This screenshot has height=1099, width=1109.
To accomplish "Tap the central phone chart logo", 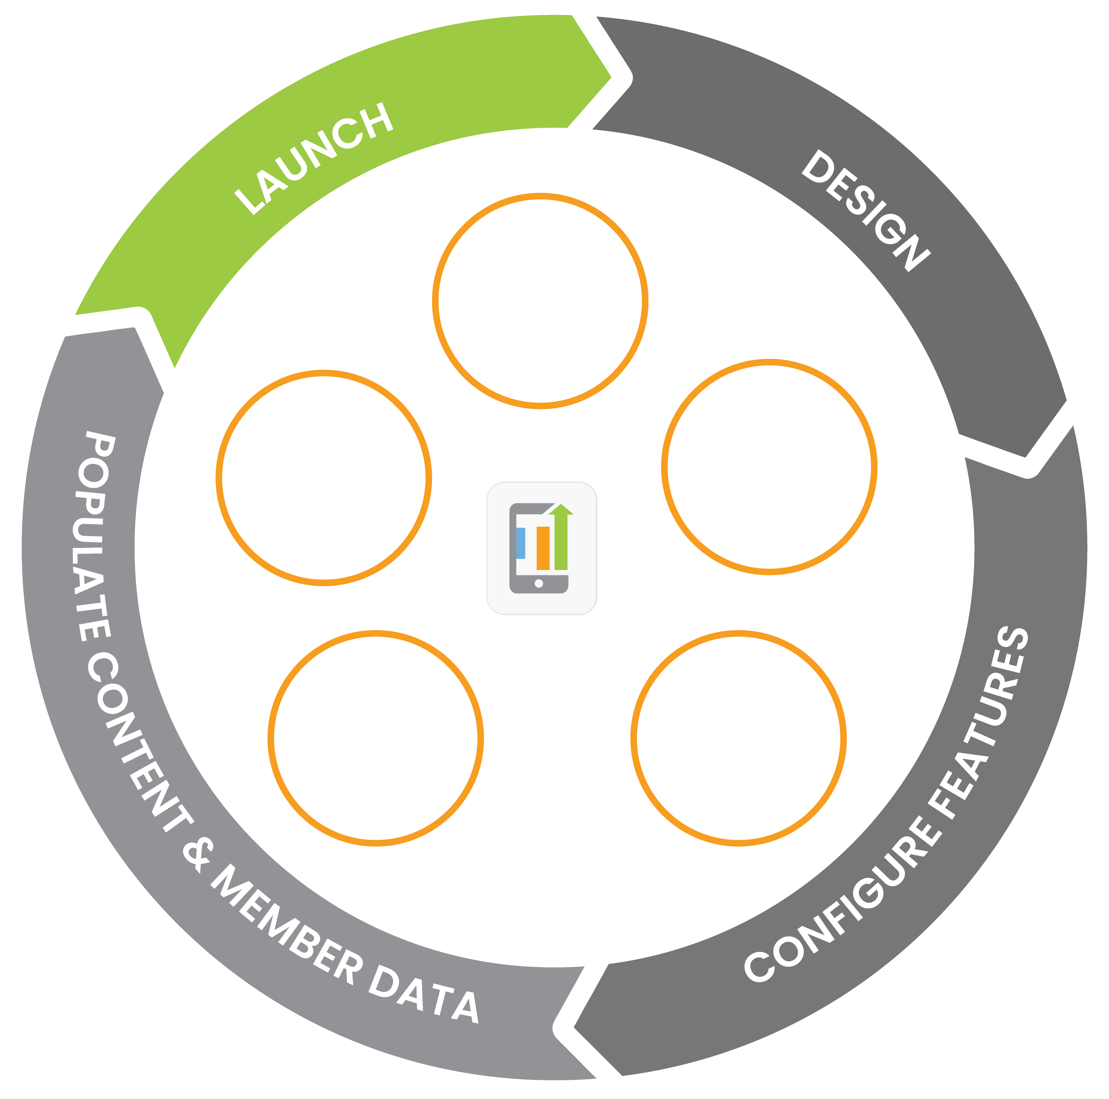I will (x=541, y=548).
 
